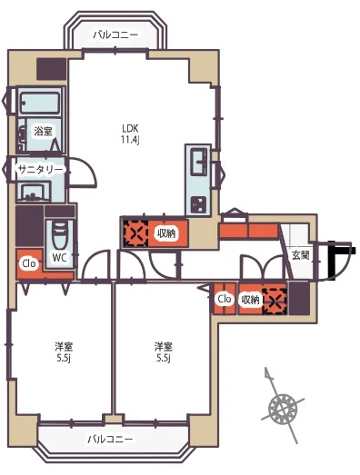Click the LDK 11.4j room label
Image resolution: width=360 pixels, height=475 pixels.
click(130, 134)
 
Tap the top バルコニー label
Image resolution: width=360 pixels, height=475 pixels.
click(115, 35)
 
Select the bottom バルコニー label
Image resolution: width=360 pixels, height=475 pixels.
click(110, 439)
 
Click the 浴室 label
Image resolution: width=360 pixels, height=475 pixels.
click(43, 131)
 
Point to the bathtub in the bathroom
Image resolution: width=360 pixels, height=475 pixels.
click(40, 102)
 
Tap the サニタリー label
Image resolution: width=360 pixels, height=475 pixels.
click(40, 170)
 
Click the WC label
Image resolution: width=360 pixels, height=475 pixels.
click(59, 258)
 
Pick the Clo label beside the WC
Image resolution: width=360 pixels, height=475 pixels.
click(29, 263)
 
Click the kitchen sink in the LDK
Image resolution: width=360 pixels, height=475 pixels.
click(198, 160)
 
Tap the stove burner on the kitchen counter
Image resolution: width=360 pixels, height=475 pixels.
click(198, 204)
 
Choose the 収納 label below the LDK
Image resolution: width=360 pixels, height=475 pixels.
click(166, 233)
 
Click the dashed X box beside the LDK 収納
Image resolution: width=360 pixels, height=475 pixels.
click(135, 233)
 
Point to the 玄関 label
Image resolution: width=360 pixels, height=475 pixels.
click(301, 255)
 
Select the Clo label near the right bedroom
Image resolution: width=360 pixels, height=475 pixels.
click(225, 299)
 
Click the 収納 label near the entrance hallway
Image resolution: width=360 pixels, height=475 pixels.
click(250, 300)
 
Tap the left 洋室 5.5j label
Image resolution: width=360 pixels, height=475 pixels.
click(64, 352)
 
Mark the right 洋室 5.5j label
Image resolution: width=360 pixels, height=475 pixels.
click(164, 352)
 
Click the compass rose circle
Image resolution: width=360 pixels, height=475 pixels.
click(283, 409)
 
